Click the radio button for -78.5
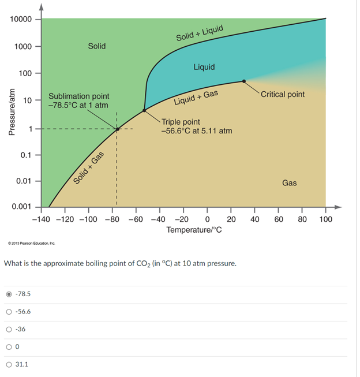(9, 294)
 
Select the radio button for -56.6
(9, 312)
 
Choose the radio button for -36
(9, 330)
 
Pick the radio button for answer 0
(9, 347)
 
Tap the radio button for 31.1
(9, 364)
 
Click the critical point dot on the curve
(244, 81)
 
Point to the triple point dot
(144, 110)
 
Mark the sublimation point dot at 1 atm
(117, 129)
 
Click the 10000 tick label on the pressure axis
(21, 19)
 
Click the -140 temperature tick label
(41, 220)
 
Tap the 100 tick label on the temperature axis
(325, 220)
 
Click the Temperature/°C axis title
(194, 231)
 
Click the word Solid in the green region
(96, 46)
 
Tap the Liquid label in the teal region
(204, 67)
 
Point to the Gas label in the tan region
(289, 183)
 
